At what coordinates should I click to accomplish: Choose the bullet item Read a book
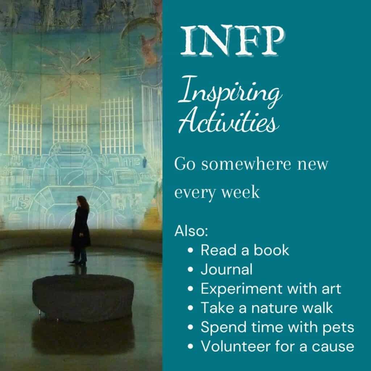click(245, 250)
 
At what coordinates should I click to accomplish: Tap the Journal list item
click(226, 270)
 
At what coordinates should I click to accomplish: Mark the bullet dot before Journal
click(191, 270)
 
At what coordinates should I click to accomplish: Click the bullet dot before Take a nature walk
click(191, 308)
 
